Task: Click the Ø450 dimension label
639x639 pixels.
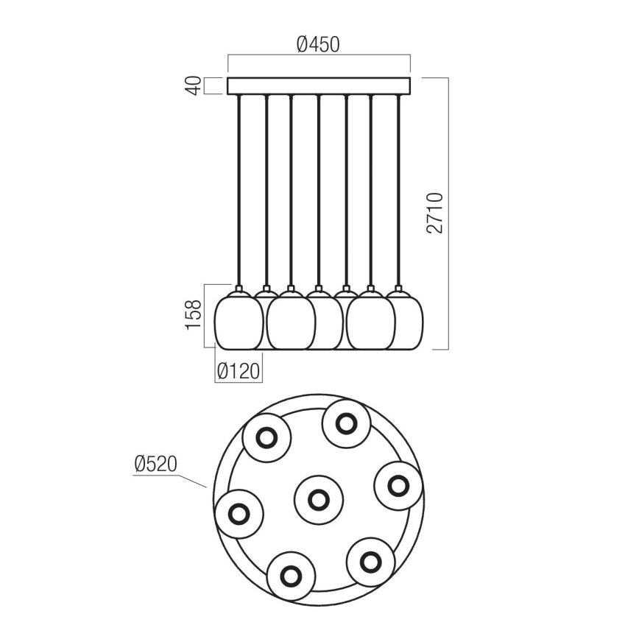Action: tap(318, 44)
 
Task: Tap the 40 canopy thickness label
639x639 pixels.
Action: tap(193, 85)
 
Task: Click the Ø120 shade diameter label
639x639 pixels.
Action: tap(239, 372)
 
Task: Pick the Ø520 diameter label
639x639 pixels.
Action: tap(156, 464)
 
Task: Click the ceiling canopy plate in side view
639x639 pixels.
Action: tap(319, 85)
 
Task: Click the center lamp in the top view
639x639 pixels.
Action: tap(318, 500)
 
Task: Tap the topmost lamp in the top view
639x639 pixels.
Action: tap(346, 423)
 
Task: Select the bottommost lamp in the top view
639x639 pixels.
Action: tap(291, 573)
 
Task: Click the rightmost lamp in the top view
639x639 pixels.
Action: tap(398, 486)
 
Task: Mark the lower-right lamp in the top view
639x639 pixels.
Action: tap(369, 561)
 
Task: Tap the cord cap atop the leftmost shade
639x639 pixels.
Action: tap(239, 288)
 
